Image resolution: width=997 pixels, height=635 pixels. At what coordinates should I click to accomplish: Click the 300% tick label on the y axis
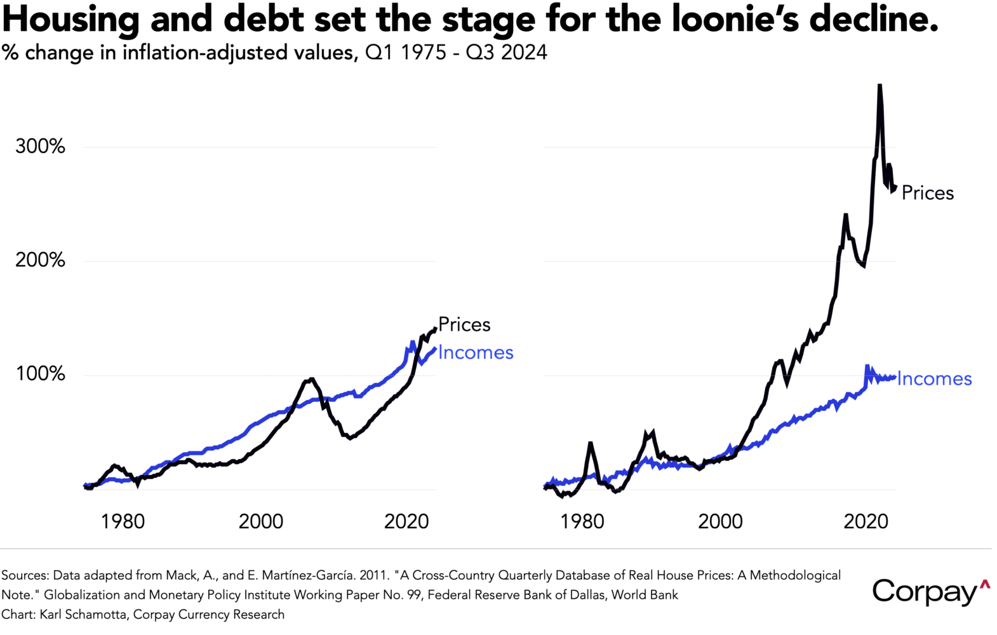[x=40, y=147]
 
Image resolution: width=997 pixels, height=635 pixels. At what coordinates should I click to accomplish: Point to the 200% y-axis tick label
[x=40, y=260]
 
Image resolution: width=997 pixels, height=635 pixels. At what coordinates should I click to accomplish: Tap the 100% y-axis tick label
[x=40, y=374]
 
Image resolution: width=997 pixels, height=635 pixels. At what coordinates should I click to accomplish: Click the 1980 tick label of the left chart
[x=123, y=522]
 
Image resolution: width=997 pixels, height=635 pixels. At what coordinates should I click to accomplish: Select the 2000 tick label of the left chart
[x=260, y=522]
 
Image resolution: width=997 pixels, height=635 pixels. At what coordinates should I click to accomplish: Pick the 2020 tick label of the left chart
[x=406, y=522]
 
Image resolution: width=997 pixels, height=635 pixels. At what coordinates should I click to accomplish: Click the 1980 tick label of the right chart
[x=582, y=522]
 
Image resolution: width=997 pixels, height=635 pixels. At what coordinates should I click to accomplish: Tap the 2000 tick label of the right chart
[x=720, y=522]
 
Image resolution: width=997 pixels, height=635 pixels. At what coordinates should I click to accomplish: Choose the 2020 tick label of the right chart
[x=866, y=522]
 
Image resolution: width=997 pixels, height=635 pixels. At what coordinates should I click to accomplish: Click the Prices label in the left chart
[x=464, y=325]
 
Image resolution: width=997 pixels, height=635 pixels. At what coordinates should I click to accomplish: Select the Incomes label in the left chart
[x=475, y=352]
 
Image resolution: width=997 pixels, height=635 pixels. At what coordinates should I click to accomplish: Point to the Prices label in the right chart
[x=927, y=193]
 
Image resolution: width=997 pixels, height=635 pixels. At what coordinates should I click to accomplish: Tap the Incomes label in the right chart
[x=934, y=379]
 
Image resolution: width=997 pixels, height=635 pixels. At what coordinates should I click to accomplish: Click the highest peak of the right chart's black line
[x=880, y=86]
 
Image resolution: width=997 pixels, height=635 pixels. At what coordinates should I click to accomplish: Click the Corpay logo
[x=930, y=592]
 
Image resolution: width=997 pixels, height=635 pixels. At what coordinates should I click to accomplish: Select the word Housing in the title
[x=70, y=20]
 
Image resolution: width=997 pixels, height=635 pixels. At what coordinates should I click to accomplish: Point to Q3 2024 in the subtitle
[x=506, y=53]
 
